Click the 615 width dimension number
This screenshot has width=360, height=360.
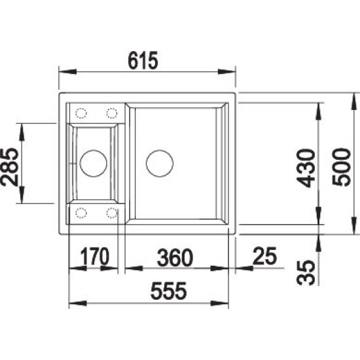143,60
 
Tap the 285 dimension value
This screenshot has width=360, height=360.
9,167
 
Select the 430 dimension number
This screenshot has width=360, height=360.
306,168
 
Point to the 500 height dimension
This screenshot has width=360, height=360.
342,167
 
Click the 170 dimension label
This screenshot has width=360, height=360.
94,256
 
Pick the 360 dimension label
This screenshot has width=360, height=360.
175,257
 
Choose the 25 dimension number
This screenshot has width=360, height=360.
264,256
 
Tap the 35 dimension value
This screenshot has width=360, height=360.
306,272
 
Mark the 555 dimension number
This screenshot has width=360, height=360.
168,291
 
